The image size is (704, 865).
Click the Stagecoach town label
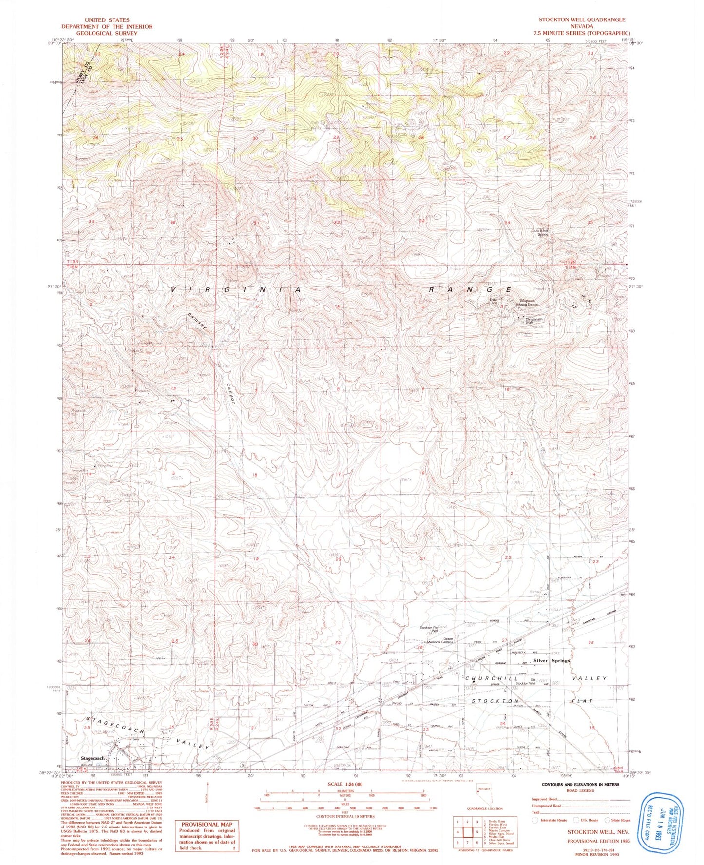click(93, 759)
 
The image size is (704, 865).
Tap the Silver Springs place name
click(552, 661)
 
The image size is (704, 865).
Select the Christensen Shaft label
click(533, 321)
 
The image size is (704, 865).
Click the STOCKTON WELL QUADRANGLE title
click(581, 19)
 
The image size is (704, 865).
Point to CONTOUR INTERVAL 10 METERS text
click(345, 830)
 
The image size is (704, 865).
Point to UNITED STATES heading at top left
click(107, 20)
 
